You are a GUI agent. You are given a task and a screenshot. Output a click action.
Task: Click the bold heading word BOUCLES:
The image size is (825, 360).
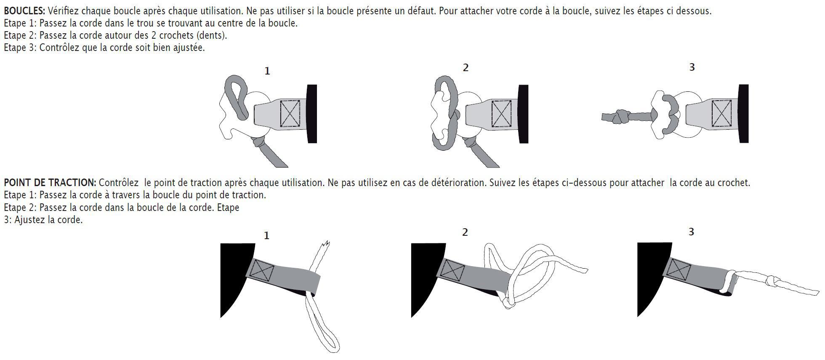tap(24, 11)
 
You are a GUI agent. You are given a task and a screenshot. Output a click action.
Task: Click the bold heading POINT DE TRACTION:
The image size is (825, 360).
tap(50, 183)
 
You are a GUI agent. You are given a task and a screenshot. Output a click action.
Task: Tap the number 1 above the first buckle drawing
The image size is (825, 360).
tap(267, 71)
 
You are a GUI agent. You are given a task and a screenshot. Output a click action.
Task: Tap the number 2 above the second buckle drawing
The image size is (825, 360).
tap(466, 68)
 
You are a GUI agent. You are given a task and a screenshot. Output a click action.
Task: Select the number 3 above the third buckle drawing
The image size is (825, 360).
tap(692, 67)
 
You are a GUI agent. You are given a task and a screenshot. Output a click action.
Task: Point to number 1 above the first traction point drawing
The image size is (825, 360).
tap(266, 236)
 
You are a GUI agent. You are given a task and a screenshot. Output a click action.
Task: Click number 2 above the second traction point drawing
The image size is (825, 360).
tap(465, 232)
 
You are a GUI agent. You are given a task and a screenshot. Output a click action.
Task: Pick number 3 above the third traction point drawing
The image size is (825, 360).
tap(691, 232)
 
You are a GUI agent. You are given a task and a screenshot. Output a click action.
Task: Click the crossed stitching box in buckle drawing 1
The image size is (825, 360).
tap(290, 113)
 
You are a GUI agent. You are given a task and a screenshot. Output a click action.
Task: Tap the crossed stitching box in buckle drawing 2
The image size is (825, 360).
tap(501, 113)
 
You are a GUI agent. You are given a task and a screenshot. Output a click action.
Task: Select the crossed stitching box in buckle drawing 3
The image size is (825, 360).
tap(722, 113)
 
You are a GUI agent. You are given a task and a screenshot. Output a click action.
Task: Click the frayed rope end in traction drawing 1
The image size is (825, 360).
tap(325, 245)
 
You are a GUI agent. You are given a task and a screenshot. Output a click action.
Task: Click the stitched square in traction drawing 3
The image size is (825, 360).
tap(679, 269)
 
